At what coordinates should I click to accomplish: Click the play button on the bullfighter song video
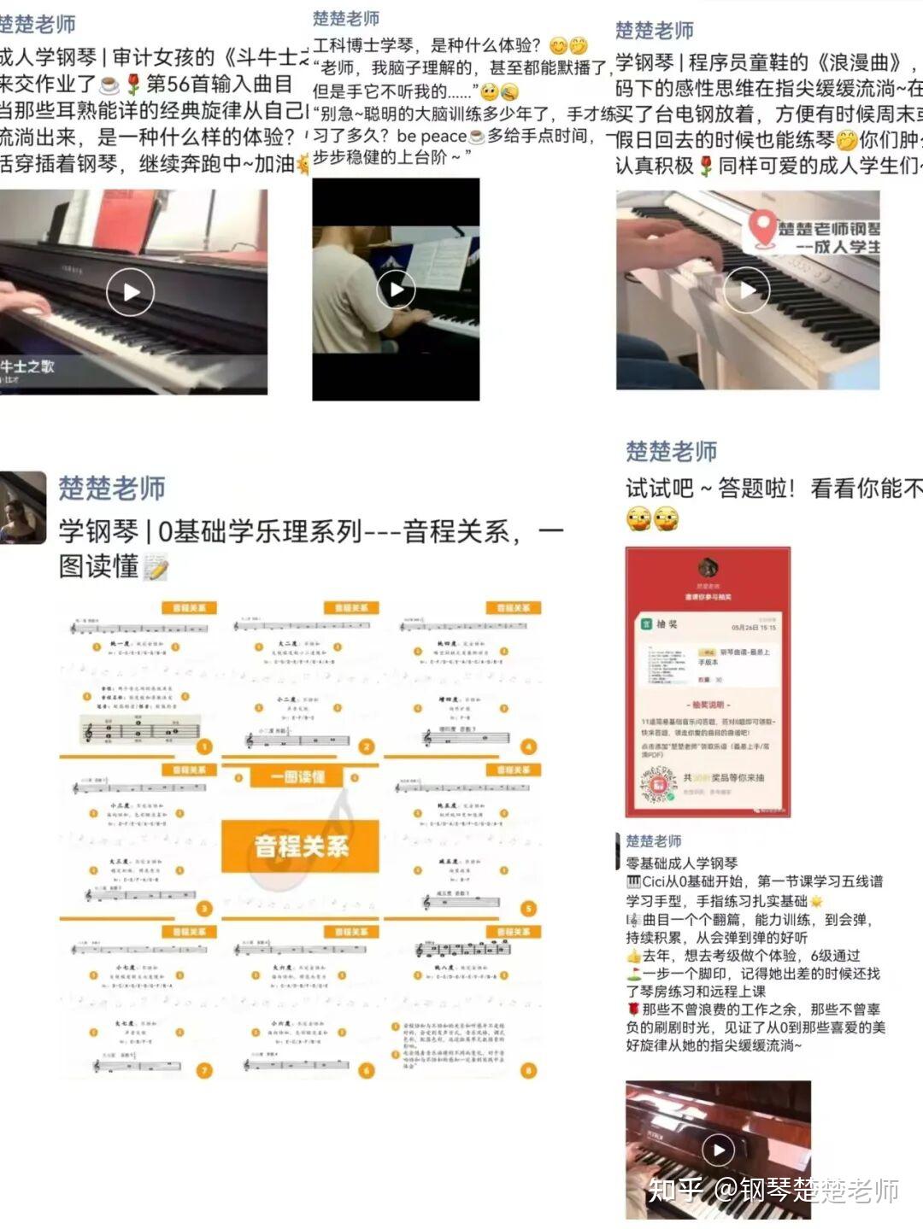point(130,291)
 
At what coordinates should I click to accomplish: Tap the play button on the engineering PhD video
point(396,289)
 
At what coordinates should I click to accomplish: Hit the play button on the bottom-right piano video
point(718,1150)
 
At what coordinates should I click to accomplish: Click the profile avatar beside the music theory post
point(22,506)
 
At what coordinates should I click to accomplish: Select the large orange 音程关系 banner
point(300,846)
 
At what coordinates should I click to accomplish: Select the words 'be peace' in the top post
point(432,136)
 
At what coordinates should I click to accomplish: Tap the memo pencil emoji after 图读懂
point(156,567)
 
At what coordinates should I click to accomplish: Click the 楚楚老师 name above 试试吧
point(671,451)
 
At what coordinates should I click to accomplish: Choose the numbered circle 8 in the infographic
point(528,1070)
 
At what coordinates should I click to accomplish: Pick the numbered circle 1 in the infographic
point(203,746)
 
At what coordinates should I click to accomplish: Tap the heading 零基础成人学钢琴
point(681,863)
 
